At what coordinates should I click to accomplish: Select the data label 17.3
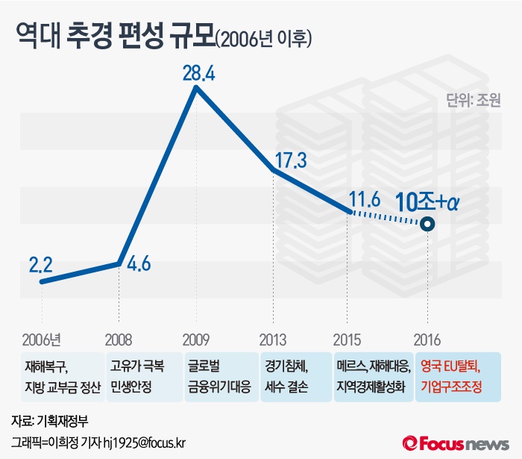pos(290,160)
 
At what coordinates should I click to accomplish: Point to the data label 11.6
pos(365,199)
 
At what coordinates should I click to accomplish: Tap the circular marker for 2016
pos(427,223)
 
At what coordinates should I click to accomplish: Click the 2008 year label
pos(119,340)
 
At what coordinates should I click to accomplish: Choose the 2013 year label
pos(273,340)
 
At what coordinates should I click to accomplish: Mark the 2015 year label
pos(350,340)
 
